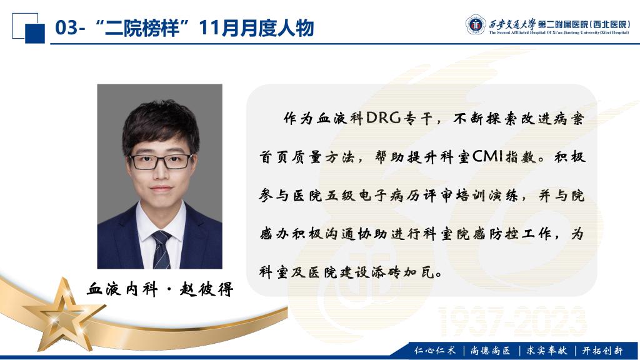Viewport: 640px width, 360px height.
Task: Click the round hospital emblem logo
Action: [x=476, y=25]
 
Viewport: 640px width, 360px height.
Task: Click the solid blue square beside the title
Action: [x=35, y=34]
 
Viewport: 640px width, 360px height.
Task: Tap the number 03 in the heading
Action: [x=66, y=27]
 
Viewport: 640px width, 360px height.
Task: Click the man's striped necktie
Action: [x=162, y=249]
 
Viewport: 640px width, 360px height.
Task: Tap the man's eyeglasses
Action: [x=161, y=161]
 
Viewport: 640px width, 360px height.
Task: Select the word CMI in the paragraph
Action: [x=487, y=156]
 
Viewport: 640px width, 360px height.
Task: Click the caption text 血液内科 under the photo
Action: [x=122, y=289]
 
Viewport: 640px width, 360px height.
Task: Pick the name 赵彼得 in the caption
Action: [x=206, y=289]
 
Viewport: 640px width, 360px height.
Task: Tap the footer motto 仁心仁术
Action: [x=435, y=350]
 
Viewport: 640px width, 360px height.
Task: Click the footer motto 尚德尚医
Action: [x=490, y=350]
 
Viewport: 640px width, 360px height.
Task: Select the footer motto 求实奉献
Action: [x=546, y=350]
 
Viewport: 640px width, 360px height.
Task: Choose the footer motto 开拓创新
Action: [x=602, y=350]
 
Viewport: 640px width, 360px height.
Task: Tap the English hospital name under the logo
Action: [x=559, y=32]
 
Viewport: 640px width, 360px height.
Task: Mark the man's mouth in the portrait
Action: [x=161, y=189]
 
